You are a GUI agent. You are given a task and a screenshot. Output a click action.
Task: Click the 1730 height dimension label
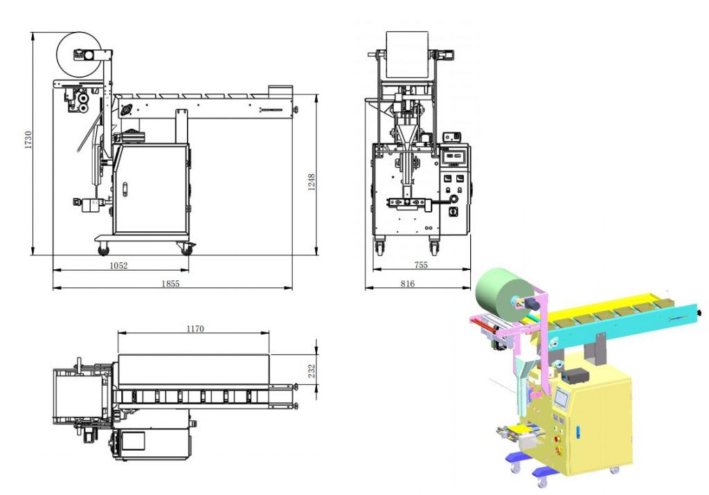click(28, 140)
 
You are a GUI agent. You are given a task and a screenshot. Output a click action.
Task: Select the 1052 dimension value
click(118, 266)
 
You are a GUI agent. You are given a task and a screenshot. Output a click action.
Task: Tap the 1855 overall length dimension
click(170, 284)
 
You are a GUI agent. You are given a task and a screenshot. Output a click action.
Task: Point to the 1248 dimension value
click(312, 182)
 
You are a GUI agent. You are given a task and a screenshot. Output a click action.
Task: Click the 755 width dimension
click(421, 265)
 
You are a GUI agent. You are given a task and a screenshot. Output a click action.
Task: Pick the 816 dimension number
click(407, 284)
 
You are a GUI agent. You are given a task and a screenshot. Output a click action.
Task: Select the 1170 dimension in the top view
click(195, 329)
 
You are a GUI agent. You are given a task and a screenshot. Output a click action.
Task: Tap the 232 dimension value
click(312, 371)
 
